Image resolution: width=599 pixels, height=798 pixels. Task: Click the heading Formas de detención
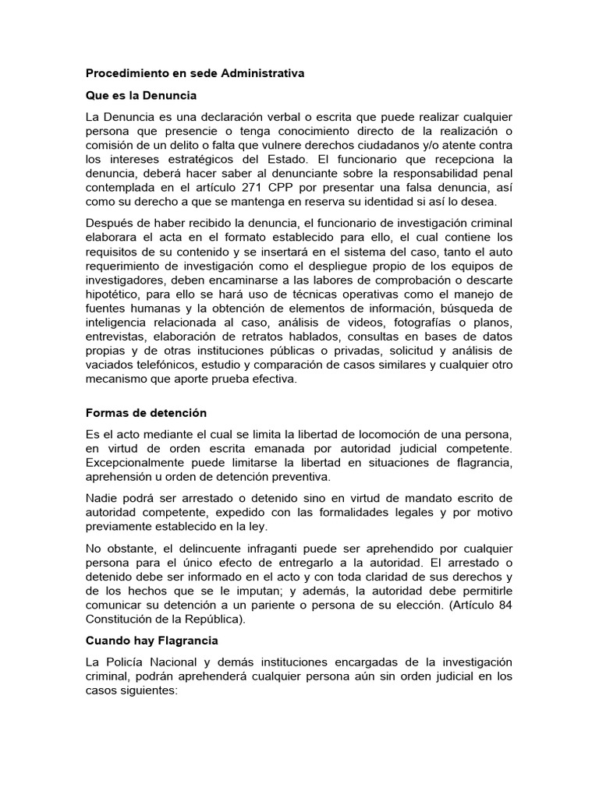(146, 412)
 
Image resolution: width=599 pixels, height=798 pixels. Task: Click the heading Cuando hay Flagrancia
(152, 640)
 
